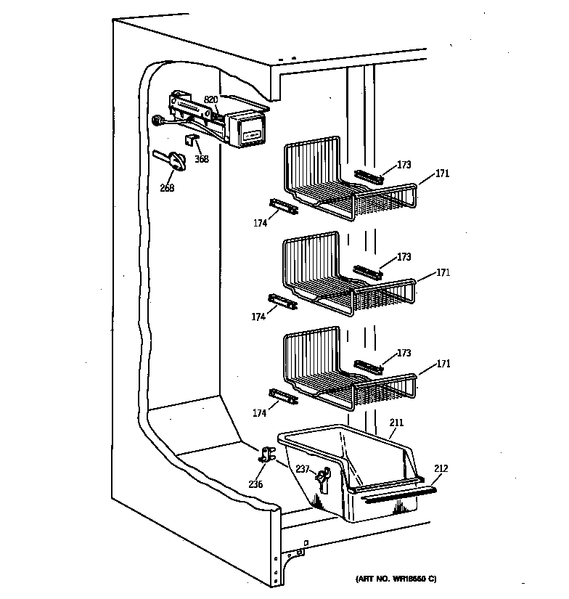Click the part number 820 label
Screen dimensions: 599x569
point(210,99)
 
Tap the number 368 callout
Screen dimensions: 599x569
point(201,159)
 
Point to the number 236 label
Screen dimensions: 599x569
point(255,484)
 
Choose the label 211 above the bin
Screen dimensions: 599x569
point(396,422)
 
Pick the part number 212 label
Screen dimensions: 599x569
point(441,468)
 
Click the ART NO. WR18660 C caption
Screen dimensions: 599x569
point(396,579)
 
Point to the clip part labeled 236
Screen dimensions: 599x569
point(267,455)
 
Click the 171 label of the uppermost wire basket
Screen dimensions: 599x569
point(443,174)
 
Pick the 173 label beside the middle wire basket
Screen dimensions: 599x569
point(404,257)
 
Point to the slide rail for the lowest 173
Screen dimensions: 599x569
point(368,366)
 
